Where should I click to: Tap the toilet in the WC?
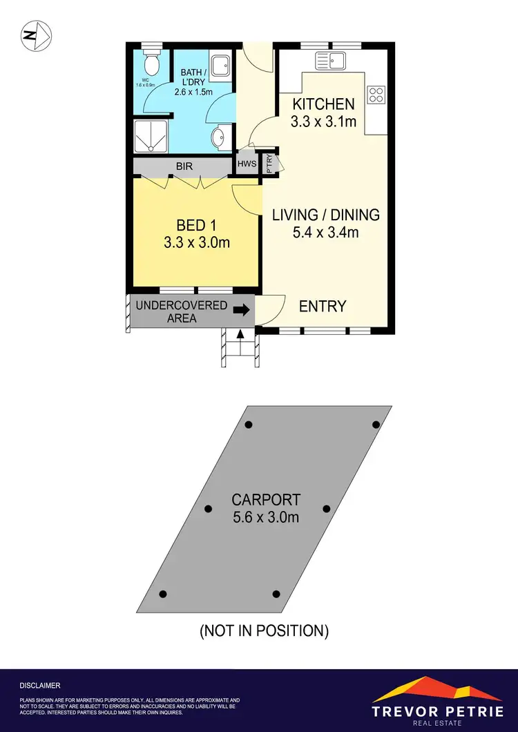[x=151, y=64]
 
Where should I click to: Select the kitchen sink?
[x=331, y=61]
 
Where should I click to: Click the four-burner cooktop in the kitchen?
[x=376, y=95]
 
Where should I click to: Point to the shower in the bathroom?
[x=148, y=136]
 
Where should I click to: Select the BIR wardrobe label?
[x=184, y=166]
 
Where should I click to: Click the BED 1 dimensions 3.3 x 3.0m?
[x=197, y=243]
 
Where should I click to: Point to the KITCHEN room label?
[x=324, y=104]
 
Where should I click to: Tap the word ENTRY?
[x=323, y=306]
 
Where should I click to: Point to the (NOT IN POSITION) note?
[x=263, y=630]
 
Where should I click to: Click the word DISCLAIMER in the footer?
[x=40, y=686]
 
